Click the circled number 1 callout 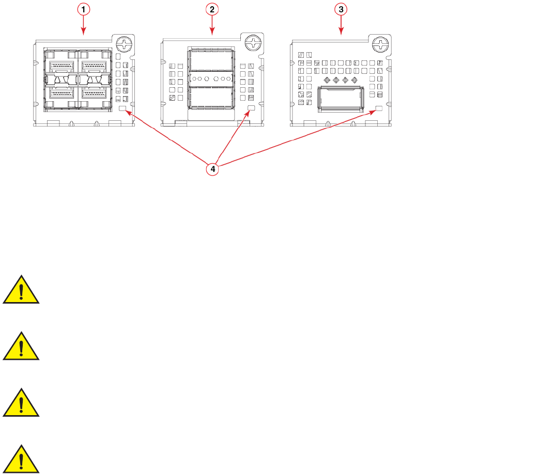(85, 9)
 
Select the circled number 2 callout (212, 9)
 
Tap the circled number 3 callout (340, 9)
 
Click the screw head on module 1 (124, 43)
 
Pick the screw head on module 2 (253, 43)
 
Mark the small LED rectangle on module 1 (123, 109)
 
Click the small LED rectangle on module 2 (252, 109)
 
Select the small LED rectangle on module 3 (378, 109)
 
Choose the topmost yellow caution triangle (21, 290)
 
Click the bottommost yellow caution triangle (21, 460)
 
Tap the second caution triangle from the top (21, 346)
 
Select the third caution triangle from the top (21, 403)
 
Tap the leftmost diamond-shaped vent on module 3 (326, 80)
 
